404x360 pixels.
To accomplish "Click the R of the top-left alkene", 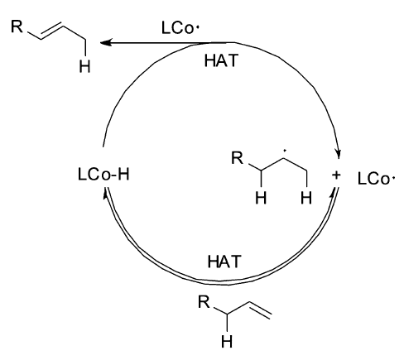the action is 17,26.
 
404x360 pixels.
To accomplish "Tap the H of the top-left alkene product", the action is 84,67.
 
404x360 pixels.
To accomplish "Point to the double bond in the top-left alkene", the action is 52,31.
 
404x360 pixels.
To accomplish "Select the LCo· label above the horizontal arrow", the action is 180,28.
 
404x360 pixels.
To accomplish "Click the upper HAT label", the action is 221,60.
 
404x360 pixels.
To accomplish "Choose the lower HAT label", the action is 224,262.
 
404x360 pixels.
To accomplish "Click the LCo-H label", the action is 103,175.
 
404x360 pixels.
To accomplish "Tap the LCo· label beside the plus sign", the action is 376,179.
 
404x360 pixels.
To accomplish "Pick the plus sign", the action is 336,175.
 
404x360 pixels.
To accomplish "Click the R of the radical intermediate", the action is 238,158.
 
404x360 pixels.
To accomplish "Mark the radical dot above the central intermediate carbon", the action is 285,151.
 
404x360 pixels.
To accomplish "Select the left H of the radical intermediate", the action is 261,198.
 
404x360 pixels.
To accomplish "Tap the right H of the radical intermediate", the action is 306,198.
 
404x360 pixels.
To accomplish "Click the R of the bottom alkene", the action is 204,302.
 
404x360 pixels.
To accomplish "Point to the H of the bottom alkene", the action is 227,342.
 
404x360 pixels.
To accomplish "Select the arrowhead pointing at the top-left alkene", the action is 106,42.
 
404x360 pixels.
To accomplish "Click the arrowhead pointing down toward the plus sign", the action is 339,154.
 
